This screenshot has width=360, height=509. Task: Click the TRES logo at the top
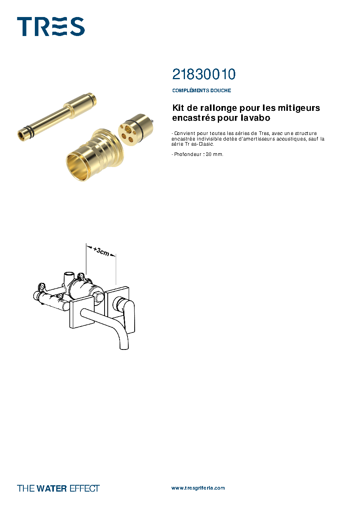pos(51,27)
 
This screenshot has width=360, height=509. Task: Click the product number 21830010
pos(204,74)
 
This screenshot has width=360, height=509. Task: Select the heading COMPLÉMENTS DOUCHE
pos(202,90)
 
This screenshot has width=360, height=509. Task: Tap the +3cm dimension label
pos(101,251)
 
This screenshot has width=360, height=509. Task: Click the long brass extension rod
pos(57,117)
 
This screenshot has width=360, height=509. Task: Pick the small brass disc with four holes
pos(135,130)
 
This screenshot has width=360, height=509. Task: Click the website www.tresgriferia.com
pos(198,488)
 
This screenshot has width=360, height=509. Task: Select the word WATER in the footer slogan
pos(51,488)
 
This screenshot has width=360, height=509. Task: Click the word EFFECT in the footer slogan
pos(85,488)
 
